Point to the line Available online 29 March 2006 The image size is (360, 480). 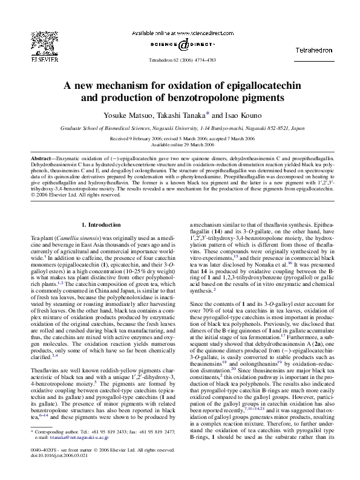click(180, 145)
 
